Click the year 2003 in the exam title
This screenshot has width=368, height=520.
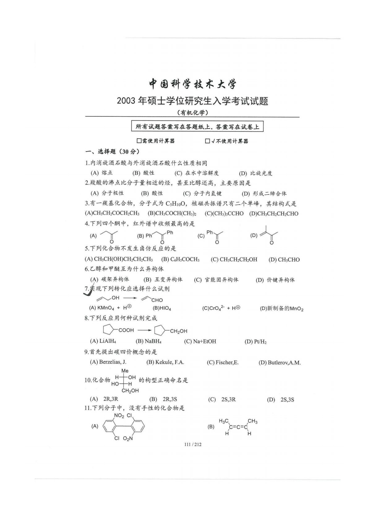[x=126, y=101]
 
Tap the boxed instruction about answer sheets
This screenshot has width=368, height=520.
[x=197, y=127]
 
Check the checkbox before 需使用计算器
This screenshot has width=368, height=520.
[x=139, y=141]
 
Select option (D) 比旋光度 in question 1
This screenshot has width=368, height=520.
[x=255, y=173]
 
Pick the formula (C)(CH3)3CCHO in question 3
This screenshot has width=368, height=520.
[x=224, y=213]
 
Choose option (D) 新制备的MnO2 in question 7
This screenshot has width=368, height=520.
[x=281, y=308]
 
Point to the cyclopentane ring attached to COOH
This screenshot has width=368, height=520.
[x=109, y=330]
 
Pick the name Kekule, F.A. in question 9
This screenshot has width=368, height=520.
[x=165, y=362]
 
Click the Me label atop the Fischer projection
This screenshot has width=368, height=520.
[x=125, y=371]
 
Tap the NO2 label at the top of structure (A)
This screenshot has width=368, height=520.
[x=119, y=416]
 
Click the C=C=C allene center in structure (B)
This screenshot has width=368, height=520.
[x=238, y=427]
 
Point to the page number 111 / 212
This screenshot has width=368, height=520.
[x=193, y=445]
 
